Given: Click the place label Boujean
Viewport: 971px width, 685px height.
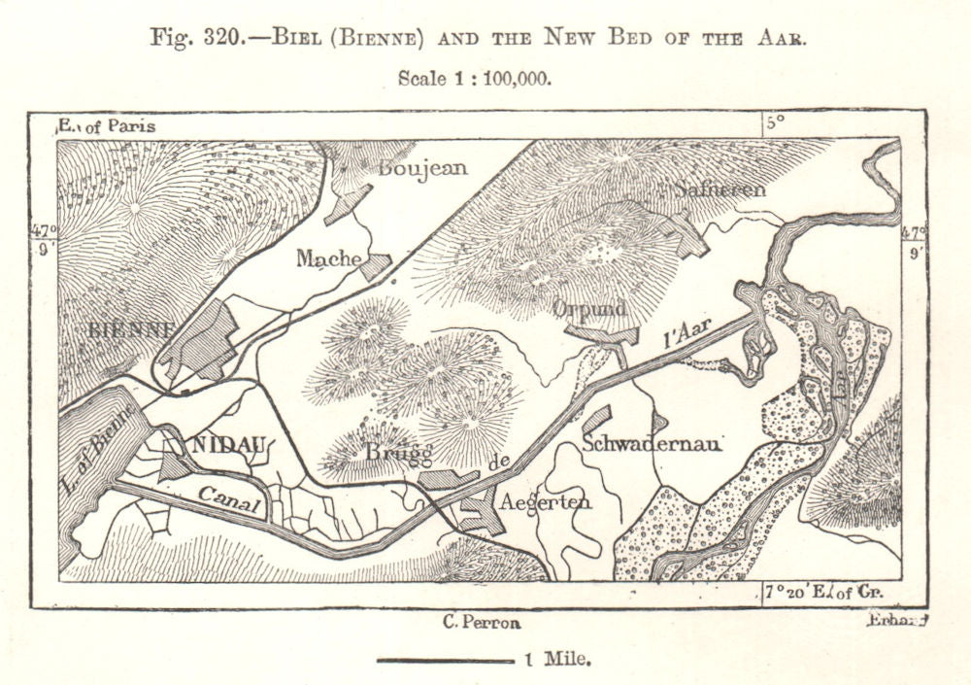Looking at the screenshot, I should coord(422,167).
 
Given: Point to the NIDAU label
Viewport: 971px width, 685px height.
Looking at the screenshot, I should coord(228,446).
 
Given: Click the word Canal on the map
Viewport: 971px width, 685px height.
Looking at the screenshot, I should coord(231,496).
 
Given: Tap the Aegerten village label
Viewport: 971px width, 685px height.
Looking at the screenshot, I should coord(545,502).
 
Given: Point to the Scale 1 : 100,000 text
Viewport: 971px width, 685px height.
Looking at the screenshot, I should coord(475,79).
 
